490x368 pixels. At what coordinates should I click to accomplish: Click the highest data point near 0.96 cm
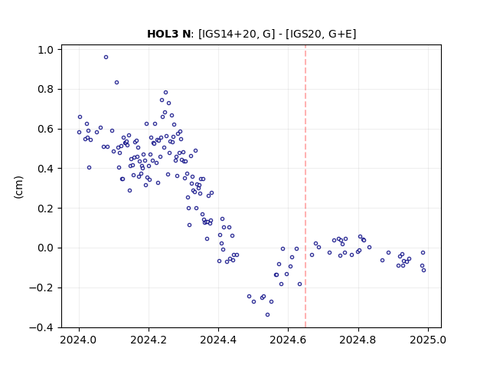tap(106, 58)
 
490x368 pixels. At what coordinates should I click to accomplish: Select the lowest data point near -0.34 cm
tap(267, 315)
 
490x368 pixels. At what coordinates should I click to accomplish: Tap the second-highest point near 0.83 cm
tap(116, 83)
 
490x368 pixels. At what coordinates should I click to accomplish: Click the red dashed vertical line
tap(305, 186)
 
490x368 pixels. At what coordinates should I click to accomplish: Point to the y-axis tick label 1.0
tap(46, 50)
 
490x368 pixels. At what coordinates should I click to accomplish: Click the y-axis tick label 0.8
tap(46, 90)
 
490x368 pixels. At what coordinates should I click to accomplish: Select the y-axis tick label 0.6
tap(46, 130)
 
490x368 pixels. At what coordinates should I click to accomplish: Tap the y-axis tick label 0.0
tap(46, 248)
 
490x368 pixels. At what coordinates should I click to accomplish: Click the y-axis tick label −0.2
tap(41, 288)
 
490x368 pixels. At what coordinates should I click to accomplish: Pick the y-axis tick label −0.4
tap(41, 327)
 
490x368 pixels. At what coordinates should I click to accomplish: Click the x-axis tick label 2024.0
tap(79, 340)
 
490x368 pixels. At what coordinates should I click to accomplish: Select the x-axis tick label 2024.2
tap(149, 340)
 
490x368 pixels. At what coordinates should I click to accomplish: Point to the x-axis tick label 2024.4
tap(218, 340)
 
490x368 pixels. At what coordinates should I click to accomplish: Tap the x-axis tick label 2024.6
tap(288, 340)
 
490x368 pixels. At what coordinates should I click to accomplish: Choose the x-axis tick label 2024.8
tap(358, 340)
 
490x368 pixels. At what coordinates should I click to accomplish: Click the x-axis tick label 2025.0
tap(428, 340)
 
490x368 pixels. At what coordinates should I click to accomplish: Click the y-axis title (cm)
tap(18, 187)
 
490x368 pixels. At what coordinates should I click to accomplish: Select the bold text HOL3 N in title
tap(168, 34)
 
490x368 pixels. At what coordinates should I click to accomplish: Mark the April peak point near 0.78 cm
tap(165, 92)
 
